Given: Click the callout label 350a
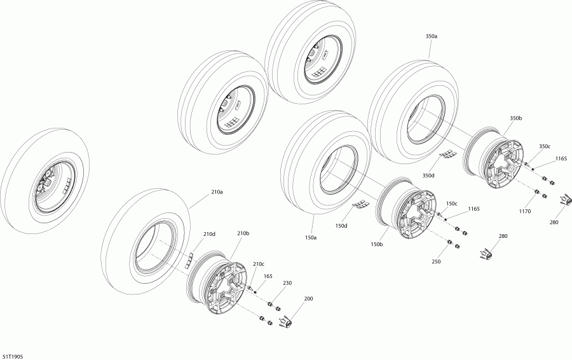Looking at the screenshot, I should [432, 37].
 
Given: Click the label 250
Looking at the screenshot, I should [435, 261].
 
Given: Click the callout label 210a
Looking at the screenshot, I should [217, 191].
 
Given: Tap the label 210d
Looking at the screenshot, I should [209, 234].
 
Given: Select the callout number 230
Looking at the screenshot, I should [288, 284].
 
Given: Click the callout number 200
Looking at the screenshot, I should [308, 299].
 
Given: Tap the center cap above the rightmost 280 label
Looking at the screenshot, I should [563, 201].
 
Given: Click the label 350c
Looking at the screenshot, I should [545, 146].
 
